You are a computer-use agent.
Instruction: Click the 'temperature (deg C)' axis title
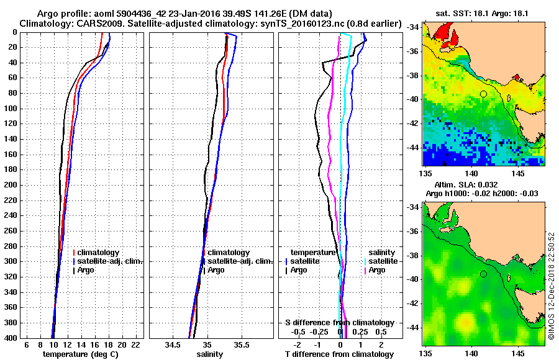point(80,354)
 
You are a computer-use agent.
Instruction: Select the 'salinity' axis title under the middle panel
point(210,354)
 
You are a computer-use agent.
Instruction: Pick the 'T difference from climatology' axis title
point(339,354)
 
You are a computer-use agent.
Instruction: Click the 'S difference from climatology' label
point(339,323)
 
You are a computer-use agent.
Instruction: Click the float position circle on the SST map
point(483,94)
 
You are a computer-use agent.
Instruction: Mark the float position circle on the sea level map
point(483,274)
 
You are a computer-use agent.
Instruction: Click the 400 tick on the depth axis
point(11,338)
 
